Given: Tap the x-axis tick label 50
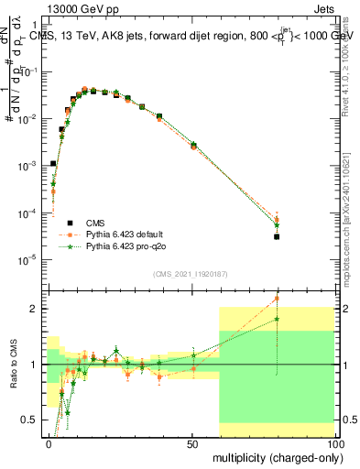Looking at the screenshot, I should pyautogui.click(x=192, y=443).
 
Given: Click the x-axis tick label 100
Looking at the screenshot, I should pyautogui.click(x=333, y=443).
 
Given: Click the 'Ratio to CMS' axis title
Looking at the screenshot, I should pyautogui.click(x=11, y=365).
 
